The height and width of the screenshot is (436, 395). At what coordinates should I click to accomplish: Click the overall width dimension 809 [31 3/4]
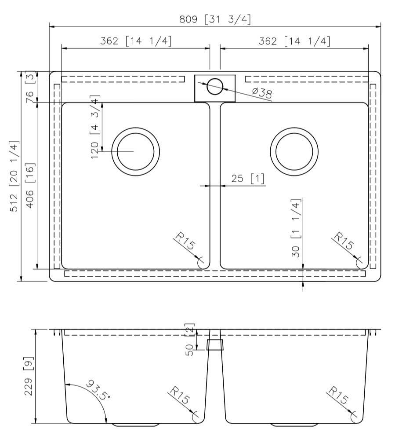click(215, 20)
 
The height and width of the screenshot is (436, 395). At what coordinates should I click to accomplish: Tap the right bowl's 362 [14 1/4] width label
click(294, 41)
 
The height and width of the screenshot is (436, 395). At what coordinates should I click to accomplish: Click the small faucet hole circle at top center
click(215, 86)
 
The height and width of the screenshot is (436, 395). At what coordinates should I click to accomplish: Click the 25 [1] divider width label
click(248, 179)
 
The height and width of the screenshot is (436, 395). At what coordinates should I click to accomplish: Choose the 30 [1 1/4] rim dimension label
click(296, 228)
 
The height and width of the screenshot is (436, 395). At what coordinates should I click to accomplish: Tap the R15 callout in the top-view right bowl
click(343, 241)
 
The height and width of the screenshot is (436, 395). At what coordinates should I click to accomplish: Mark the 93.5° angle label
click(96, 389)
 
